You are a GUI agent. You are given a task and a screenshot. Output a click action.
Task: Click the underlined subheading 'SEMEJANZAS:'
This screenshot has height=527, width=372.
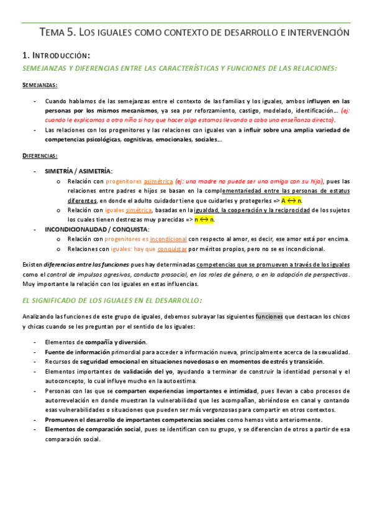coord(40,85)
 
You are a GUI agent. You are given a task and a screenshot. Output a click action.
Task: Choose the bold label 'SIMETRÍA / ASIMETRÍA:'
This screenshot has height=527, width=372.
coord(78,170)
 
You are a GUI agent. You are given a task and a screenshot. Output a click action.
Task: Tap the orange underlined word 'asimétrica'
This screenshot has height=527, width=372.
coord(158,181)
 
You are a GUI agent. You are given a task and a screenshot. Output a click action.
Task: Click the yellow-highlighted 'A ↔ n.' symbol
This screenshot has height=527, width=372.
coord(291,201)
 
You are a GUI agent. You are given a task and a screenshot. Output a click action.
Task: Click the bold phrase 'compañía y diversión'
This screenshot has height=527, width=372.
coord(116,342)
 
